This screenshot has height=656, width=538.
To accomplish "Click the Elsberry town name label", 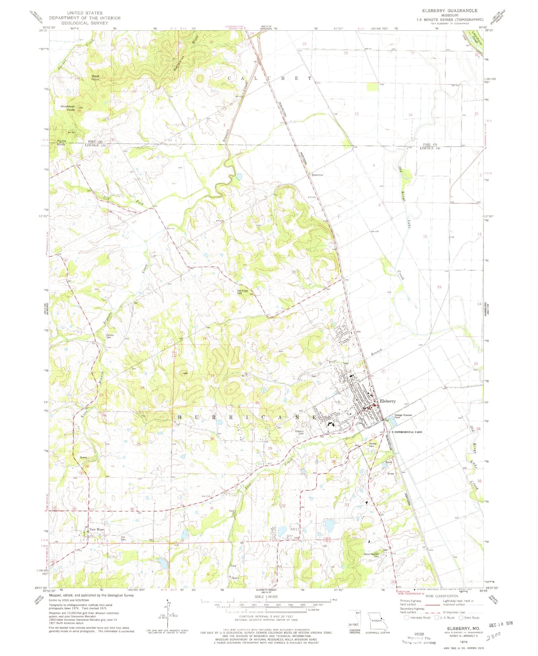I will point(388,401).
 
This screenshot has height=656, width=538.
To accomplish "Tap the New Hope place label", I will point(97,529).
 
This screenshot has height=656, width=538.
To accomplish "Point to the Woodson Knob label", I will point(68,108).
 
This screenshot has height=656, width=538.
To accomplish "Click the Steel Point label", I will point(95,78).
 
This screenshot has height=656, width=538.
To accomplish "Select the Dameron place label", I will point(317,175).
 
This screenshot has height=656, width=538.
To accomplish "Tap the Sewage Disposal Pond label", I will point(403,416).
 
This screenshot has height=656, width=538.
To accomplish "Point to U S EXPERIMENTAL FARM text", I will point(406,432).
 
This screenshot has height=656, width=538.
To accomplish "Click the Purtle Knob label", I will point(61,142).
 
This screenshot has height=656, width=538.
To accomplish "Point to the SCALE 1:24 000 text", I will point(266,597).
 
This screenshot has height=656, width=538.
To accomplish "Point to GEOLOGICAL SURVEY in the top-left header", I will point(85,23).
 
